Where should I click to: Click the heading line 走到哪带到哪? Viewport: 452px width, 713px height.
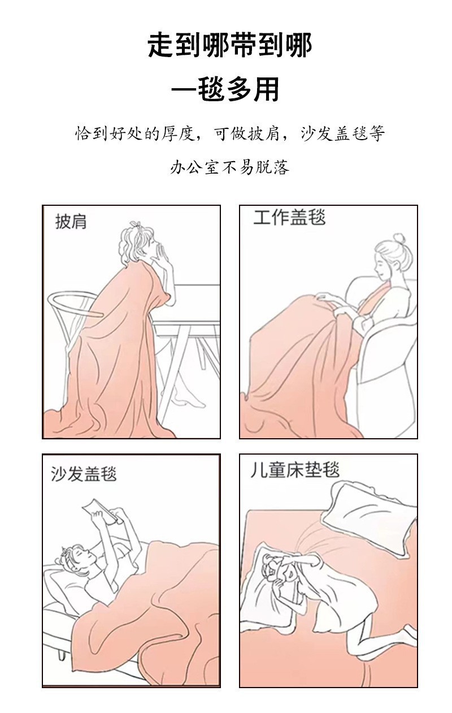[x=230, y=46]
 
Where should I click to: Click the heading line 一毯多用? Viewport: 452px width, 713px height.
[x=225, y=89]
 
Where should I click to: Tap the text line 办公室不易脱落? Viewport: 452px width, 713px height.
[x=229, y=168]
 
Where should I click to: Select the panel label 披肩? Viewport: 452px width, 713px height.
[x=71, y=222]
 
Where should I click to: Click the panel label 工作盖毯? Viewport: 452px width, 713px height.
[x=289, y=218]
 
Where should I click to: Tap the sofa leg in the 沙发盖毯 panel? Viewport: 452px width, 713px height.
[x=62, y=655]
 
